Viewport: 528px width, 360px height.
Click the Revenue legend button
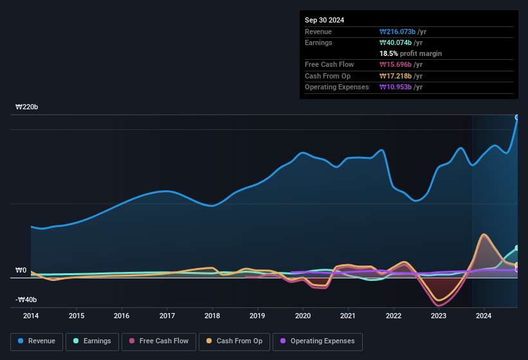point(36,341)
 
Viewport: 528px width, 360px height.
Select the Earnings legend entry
point(92,341)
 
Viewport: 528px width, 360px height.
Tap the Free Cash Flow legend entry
point(159,341)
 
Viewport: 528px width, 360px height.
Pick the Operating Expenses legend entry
point(318,341)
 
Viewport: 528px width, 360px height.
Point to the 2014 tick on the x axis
point(31,316)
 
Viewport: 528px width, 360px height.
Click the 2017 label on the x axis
point(167,316)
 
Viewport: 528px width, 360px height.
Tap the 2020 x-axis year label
point(303,316)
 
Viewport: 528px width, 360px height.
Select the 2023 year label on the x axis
point(439,316)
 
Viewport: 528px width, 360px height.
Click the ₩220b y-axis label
point(27,107)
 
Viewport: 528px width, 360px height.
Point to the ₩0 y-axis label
point(21,271)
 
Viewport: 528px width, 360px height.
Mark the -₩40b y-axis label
point(26,300)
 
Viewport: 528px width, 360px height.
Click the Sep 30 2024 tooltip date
point(325,20)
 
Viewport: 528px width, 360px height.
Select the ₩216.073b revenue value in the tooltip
point(401,32)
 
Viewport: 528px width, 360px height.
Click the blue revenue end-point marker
point(517,118)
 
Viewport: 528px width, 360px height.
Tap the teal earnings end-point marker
point(517,248)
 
